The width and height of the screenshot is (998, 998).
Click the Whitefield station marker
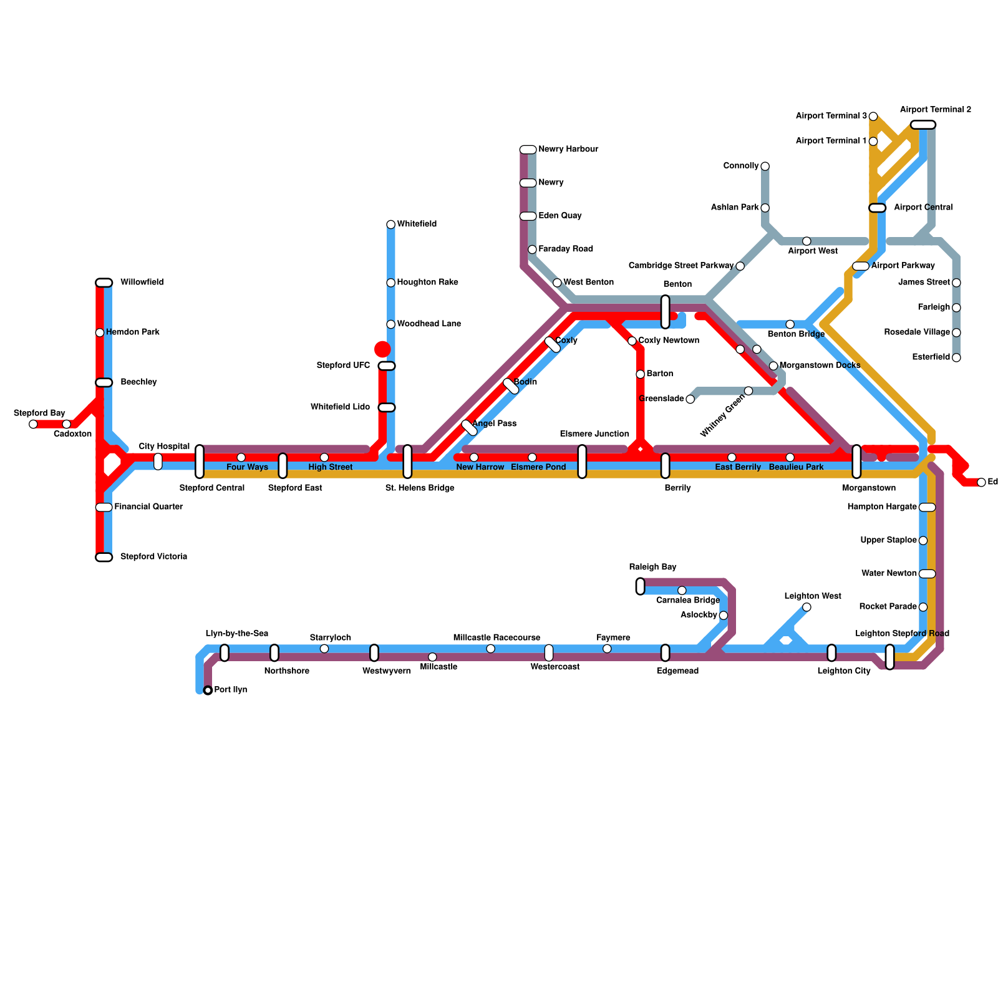pos(390,225)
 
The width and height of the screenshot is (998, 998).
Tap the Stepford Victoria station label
pos(153,556)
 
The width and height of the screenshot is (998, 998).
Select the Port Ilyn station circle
pos(208,690)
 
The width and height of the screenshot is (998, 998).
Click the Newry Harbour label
pos(568,149)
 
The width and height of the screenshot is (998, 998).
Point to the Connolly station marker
pos(765,166)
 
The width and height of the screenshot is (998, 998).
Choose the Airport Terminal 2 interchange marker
pos(923,125)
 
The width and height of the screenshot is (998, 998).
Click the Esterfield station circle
pos(956,357)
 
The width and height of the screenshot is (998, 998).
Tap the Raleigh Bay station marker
pos(640,586)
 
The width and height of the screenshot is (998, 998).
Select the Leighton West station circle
pos(807,607)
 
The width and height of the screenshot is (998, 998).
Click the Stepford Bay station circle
pos(33,424)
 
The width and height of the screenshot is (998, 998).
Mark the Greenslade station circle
pos(690,399)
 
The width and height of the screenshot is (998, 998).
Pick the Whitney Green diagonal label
pos(722,415)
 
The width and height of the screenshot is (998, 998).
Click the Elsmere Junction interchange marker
pos(582,462)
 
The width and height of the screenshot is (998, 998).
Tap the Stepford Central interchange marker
pos(200,462)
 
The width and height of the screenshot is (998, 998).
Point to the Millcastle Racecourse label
pos(497,637)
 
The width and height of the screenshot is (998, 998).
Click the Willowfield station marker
pos(104,283)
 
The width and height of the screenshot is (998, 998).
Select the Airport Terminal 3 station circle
pos(873,117)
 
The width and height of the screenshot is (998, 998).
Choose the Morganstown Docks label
pos(820,365)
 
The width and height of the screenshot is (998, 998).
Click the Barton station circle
pos(640,374)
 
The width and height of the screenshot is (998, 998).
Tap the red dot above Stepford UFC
pos(382,349)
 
